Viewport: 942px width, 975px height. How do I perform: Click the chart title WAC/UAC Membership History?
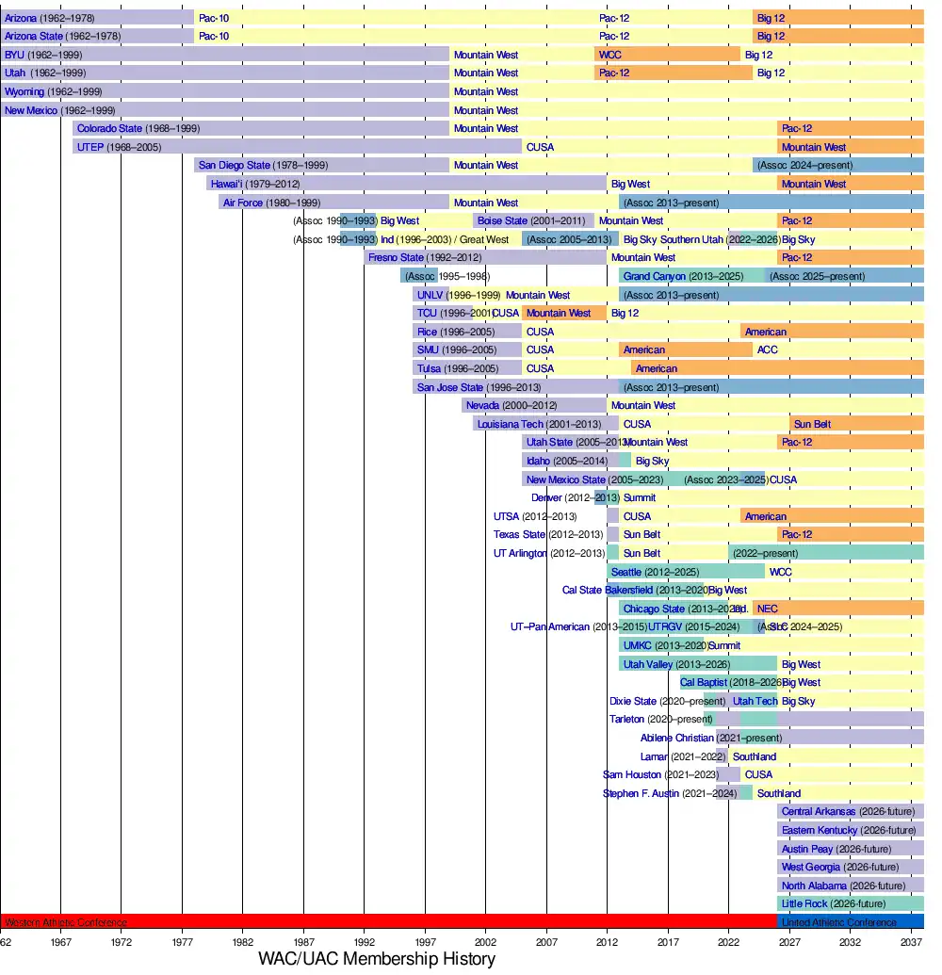coord(377,959)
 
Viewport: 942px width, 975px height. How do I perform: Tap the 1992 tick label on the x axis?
coord(364,941)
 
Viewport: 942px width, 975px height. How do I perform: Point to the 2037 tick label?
coord(910,941)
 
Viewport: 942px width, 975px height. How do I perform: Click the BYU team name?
coord(14,55)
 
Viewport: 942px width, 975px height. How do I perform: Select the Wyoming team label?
coord(24,91)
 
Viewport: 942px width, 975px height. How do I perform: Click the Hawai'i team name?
coord(226,184)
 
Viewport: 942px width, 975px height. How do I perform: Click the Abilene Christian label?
coord(677,738)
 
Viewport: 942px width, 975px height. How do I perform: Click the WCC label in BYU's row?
coord(609,55)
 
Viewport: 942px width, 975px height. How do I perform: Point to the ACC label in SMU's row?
coord(768,349)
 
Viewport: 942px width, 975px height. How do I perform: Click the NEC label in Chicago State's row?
coord(768,609)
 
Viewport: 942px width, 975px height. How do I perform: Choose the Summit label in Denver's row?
coord(640,497)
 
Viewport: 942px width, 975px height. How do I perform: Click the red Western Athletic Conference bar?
coord(377,921)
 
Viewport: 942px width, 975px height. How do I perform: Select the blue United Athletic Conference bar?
coord(851,921)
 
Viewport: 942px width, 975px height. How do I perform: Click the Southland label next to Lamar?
coord(755,756)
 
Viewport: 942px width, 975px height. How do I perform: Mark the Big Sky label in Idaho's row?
coord(653,461)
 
